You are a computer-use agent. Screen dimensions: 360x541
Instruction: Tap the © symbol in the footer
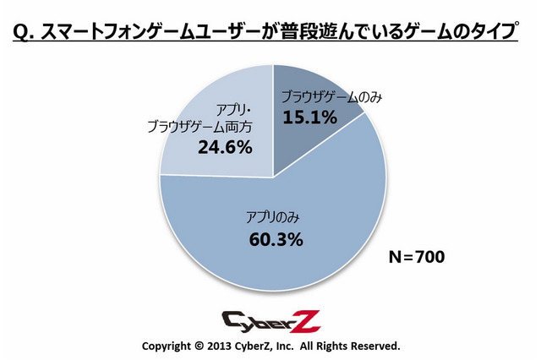[199, 346]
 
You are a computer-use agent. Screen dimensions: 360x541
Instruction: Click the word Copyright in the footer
[166, 346]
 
